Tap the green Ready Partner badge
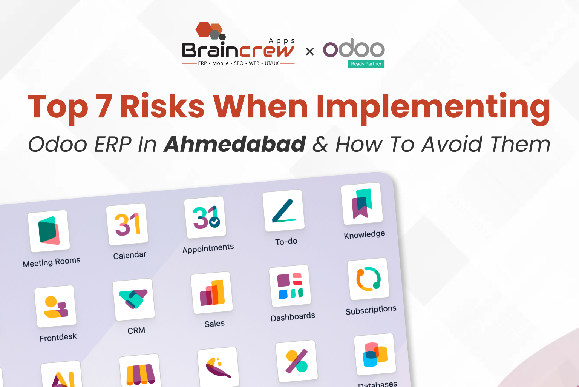coord(366,64)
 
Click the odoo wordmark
coord(354,48)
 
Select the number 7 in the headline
coord(103,106)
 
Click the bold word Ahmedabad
coord(234,144)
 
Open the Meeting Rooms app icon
coord(49,231)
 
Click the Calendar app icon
coord(127,224)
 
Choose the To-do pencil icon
coord(283,211)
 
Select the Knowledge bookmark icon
coord(362,204)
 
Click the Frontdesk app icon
coord(55,306)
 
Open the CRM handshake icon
coord(133,299)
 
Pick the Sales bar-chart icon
coord(212,293)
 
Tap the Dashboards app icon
coord(290,286)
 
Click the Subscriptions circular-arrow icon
coord(368,279)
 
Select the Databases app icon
coord(375,354)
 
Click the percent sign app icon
coord(297,361)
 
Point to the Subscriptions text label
coord(371,310)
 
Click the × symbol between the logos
coord(309,51)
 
